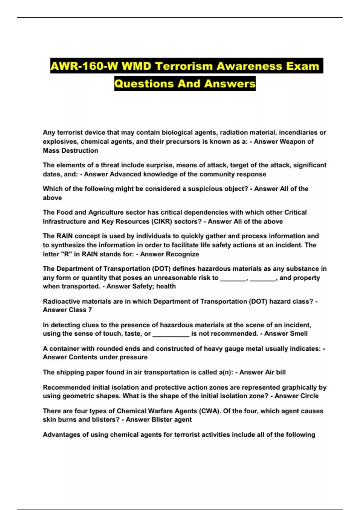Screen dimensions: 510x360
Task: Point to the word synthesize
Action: pos(68,245)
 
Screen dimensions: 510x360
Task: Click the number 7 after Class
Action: pos(90,310)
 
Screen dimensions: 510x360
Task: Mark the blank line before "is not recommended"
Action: pos(171,334)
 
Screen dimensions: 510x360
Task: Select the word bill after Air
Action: pos(281,372)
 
